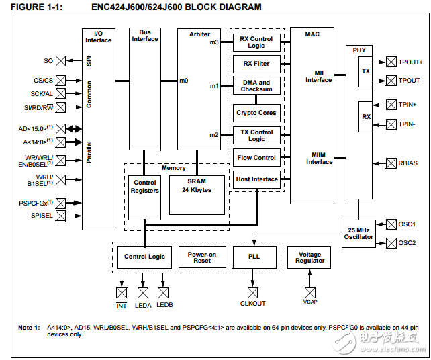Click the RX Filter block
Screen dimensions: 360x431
tap(256, 64)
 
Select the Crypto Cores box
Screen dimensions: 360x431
tap(256, 113)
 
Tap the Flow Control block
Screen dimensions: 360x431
tap(256, 158)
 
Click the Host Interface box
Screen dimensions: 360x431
tap(256, 179)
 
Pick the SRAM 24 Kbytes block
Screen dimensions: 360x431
tap(196, 186)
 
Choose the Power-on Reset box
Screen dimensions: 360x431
tap(202, 257)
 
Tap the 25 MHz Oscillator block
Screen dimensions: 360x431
tap(358, 232)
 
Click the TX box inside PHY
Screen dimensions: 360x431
tap(365, 71)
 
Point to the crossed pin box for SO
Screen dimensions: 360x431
tap(60, 61)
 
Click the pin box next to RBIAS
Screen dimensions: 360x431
tap(391, 163)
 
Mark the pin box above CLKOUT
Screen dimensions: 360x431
tap(252, 293)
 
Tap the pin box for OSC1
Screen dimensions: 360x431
tap(391, 224)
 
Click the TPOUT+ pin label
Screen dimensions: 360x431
tap(410, 62)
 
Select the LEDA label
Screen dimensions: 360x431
tap(143, 305)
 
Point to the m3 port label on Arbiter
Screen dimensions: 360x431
tap(213, 42)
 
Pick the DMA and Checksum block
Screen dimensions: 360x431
tap(256, 86)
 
